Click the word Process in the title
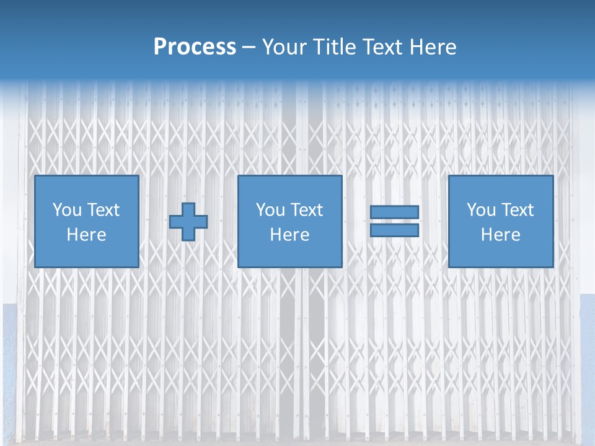[x=195, y=47]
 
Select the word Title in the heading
[x=335, y=47]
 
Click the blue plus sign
[x=188, y=222]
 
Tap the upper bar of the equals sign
[x=394, y=212]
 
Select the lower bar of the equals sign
[x=394, y=230]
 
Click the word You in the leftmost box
[x=66, y=210]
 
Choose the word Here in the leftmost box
[x=86, y=235]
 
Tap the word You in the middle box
[x=270, y=210]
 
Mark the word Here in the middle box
[x=289, y=235]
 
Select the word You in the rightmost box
[x=480, y=210]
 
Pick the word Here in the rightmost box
[x=500, y=235]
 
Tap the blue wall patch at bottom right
[x=587, y=372]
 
